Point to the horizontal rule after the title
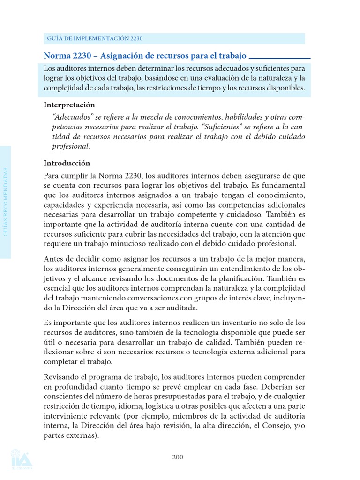280,58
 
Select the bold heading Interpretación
69,105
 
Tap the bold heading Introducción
67,163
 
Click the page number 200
177,457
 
